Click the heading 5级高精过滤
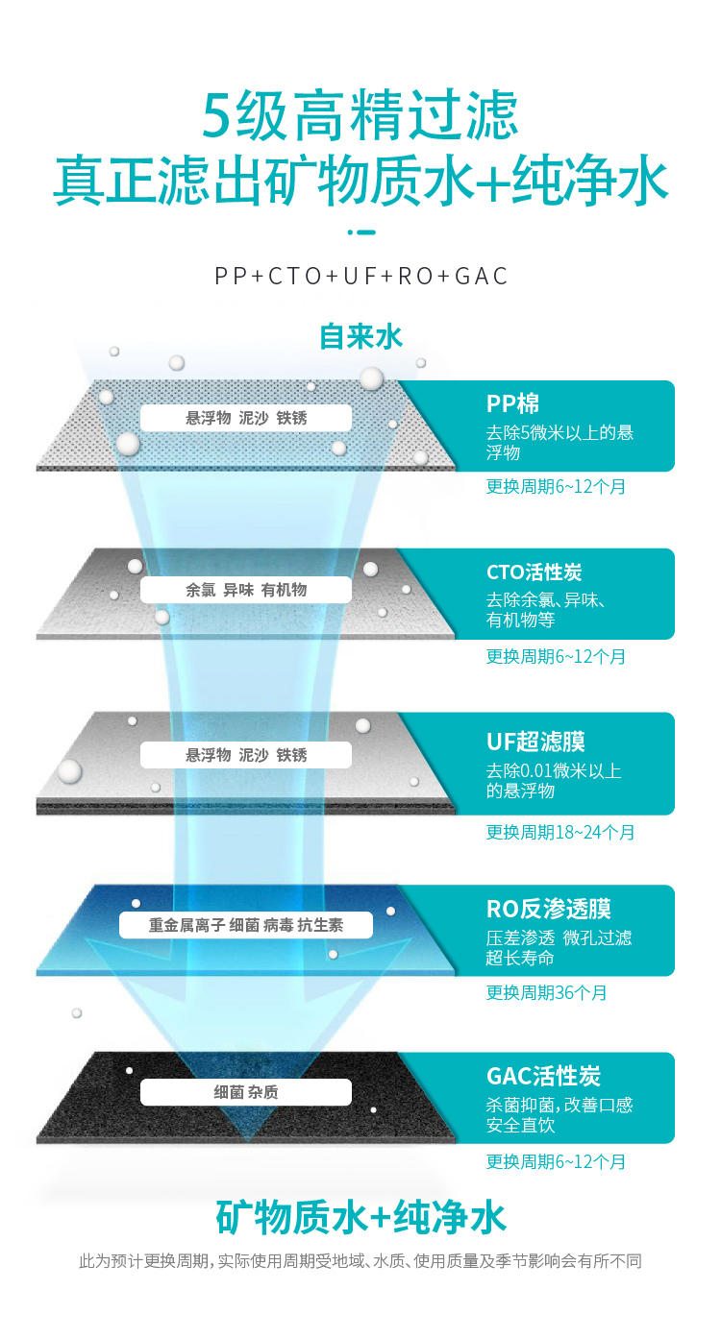coord(359,114)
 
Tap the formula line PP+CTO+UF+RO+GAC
coord(360,277)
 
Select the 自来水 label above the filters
coord(360,336)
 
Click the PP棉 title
coord(512,403)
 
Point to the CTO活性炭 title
coord(534,572)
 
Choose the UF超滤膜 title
coord(535,742)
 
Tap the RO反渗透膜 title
coord(548,909)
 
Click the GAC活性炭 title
coord(543,1076)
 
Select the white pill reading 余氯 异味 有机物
coord(246,590)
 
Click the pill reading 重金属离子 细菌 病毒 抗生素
coord(246,925)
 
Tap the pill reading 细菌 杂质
coord(246,1092)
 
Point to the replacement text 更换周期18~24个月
coord(560,832)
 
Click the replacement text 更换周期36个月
coord(546,992)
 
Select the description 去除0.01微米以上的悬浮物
coord(554,781)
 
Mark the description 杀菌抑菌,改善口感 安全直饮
coord(559,1115)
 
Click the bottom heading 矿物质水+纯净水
coord(360,1217)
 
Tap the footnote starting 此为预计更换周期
coord(360,1261)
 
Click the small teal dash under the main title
coord(361,232)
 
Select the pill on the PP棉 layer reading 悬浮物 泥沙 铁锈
coord(246,418)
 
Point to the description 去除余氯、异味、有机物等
coord(545,610)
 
